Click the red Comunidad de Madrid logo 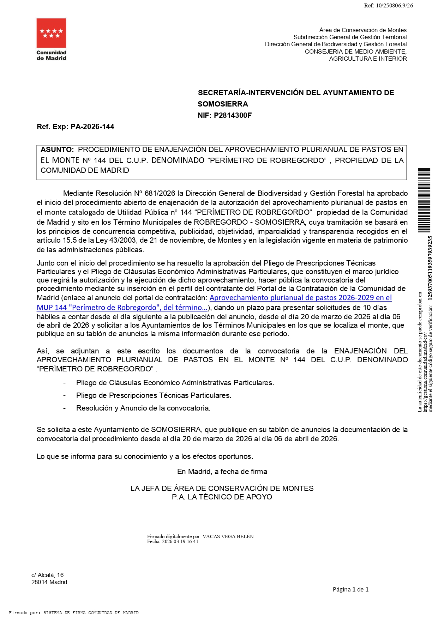(x=51, y=33)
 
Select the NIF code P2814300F (x=233, y=115)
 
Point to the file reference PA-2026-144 (x=92, y=127)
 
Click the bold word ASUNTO (x=57, y=150)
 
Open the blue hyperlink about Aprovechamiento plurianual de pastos (x=300, y=298)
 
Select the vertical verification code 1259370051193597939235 (x=430, y=268)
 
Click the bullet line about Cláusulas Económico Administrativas (x=175, y=383)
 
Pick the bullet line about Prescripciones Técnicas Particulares (x=154, y=395)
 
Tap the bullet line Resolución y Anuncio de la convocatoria (x=143, y=408)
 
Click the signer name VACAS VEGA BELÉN (x=228, y=536)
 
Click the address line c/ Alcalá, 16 (x=47, y=575)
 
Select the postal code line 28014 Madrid (x=49, y=582)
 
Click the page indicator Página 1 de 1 (x=350, y=589)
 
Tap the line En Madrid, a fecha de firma (x=222, y=472)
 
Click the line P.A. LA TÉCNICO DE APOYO (x=222, y=497)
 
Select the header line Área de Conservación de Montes (x=363, y=30)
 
